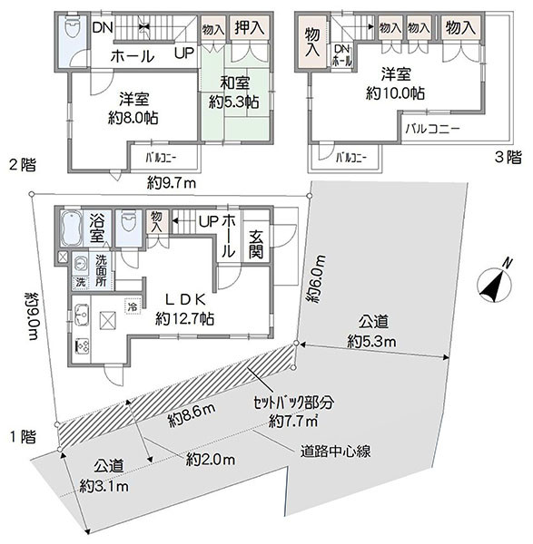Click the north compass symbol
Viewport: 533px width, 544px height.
coord(495,285)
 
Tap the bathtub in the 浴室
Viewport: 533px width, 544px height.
coord(71,228)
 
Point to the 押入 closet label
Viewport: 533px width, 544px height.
coord(249,28)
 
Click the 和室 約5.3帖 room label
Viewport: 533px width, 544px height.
coord(234,92)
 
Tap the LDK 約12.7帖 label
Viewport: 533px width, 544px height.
coord(184,309)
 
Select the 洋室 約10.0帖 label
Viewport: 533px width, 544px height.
coord(395,83)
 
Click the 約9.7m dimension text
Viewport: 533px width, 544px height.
coord(172,182)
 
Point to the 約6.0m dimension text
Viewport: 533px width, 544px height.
coord(316,278)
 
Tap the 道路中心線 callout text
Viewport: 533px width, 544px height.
coord(335,451)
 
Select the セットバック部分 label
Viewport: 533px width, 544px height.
coord(293,403)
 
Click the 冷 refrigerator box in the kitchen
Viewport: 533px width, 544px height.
coord(133,306)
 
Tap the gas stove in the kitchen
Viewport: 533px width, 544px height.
coord(82,345)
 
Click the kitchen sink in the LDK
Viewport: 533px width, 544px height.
coord(82,315)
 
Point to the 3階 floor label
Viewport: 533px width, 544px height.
coord(508,157)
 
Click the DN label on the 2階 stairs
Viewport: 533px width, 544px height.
coord(103,28)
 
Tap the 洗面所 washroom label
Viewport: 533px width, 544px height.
coord(102,270)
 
